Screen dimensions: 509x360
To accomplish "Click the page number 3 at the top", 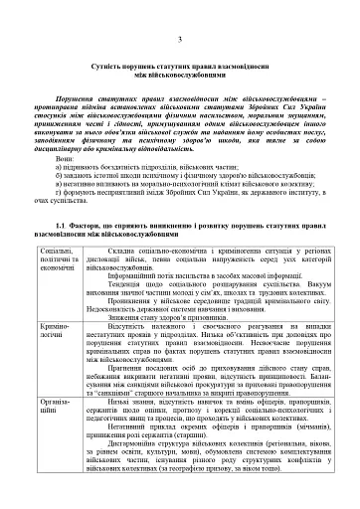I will pyautogui.click(x=179, y=38).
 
